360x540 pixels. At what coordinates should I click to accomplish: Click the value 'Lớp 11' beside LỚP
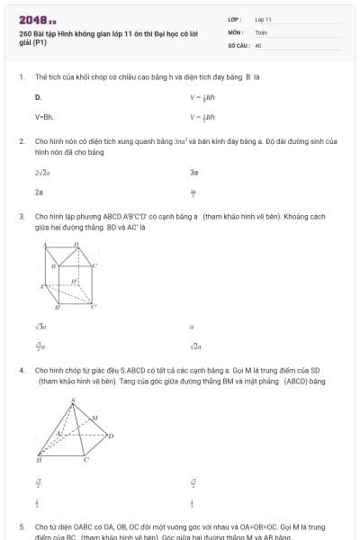[x=263, y=19]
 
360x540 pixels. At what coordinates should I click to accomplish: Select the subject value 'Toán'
[x=261, y=31]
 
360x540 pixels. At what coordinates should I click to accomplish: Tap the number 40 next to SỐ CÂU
[x=258, y=44]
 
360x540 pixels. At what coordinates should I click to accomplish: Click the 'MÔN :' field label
[x=235, y=31]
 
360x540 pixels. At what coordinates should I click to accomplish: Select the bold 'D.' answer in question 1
[x=38, y=96]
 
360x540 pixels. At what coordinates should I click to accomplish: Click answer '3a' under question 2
[x=193, y=171]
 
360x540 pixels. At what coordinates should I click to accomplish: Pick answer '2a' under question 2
[x=39, y=192]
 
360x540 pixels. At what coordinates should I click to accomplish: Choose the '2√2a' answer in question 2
[x=41, y=171]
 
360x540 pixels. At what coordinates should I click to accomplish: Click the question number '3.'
[x=21, y=217]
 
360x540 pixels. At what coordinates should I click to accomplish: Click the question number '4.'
[x=21, y=370]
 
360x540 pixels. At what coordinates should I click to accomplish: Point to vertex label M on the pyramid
[x=95, y=417]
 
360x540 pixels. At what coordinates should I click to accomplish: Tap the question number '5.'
[x=21, y=526]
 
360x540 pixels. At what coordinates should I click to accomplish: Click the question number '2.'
[x=21, y=142]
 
